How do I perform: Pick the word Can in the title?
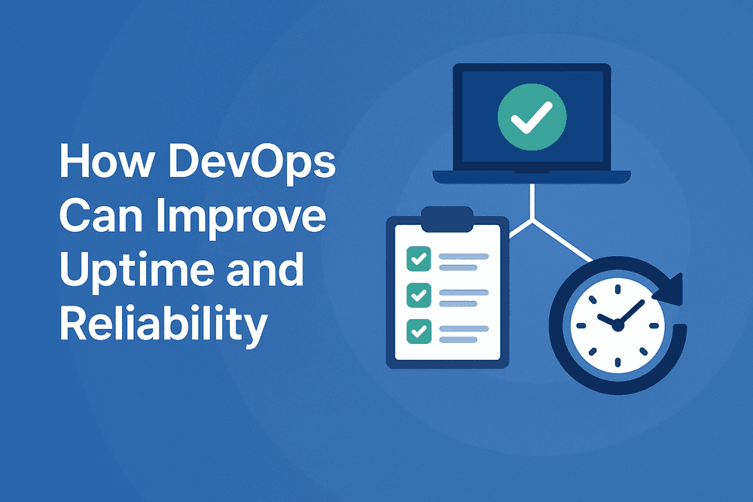(x=93, y=218)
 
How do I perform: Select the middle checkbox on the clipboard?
(x=417, y=294)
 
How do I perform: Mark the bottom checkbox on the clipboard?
(x=417, y=330)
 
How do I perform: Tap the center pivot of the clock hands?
(x=617, y=325)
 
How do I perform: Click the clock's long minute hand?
(x=631, y=312)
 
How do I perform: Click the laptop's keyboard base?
(x=531, y=178)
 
